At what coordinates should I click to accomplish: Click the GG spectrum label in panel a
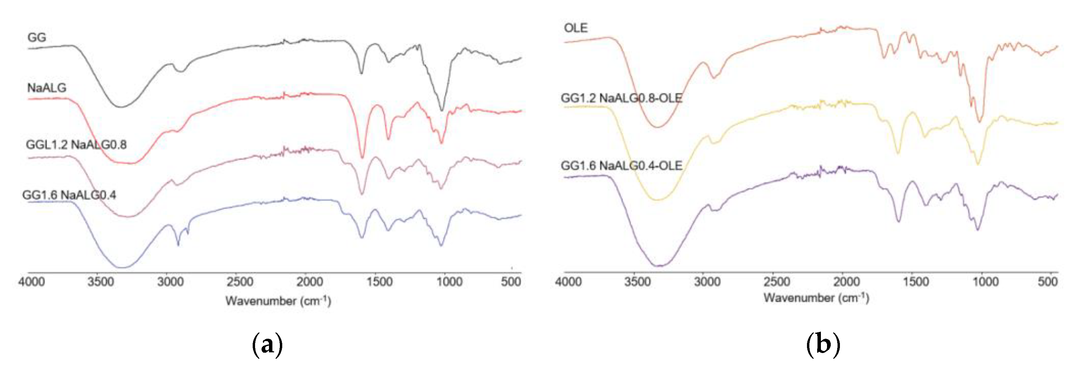(37, 38)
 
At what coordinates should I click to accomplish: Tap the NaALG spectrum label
(47, 88)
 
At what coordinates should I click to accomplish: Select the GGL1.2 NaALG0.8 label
(76, 145)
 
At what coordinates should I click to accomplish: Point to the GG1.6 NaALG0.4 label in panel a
(69, 195)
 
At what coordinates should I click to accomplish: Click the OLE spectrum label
(576, 28)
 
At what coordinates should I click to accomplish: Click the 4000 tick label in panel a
(31, 282)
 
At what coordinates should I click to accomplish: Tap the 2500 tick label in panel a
(240, 282)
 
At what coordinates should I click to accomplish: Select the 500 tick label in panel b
(1047, 282)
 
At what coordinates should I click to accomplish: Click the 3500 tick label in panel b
(637, 282)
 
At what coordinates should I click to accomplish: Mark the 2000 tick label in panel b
(846, 282)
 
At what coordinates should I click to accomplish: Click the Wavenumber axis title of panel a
(278, 301)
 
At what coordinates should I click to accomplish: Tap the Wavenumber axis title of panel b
(816, 298)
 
